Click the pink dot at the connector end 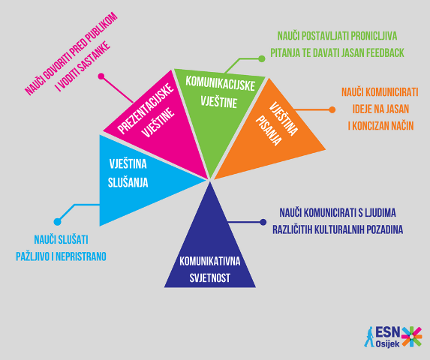[101, 76]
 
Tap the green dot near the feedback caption [262, 58]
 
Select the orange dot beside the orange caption [332, 109]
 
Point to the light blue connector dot [58, 222]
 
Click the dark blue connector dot [263, 222]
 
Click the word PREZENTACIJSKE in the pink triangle [146, 109]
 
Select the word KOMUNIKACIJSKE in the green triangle [220, 83]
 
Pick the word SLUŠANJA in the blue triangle [128, 183]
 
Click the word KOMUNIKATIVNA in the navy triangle [210, 261]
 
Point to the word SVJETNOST [210, 278]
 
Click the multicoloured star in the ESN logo [411, 337]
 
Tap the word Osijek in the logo [387, 344]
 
